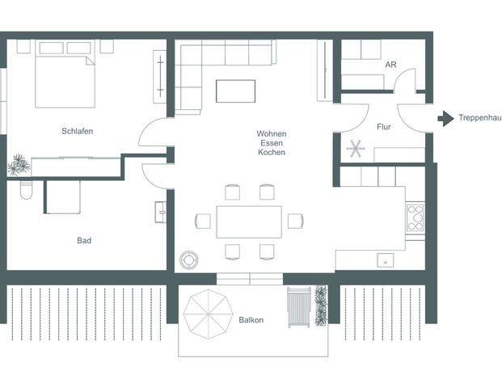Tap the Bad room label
point(84,240)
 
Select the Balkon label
point(251,320)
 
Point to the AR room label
point(390,65)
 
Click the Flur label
point(384,127)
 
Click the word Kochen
point(272,152)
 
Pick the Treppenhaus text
point(479,118)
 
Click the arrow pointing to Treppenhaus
point(445,118)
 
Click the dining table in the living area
point(249,221)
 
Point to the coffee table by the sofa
point(235,91)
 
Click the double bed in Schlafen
point(66,73)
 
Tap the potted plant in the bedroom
point(19,166)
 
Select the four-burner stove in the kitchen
point(415,216)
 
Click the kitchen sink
point(386,260)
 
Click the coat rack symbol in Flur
point(356,149)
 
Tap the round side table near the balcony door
point(189,259)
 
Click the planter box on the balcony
point(321,306)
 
